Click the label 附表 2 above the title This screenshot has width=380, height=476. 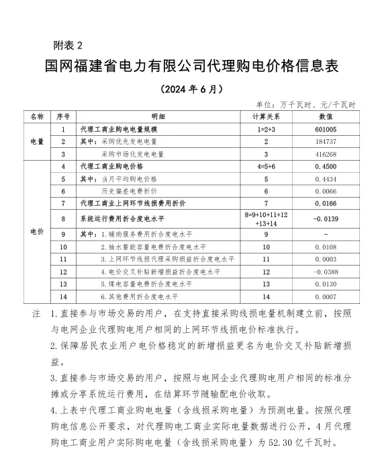click(67, 46)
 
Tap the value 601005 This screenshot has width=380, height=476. click(325, 129)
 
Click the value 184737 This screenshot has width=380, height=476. click(325, 141)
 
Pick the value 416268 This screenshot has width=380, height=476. click(325, 154)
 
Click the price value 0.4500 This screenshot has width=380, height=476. click(325, 166)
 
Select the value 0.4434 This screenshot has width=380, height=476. click(325, 179)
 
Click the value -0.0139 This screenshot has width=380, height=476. click(325, 219)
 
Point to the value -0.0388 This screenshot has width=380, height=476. click(325, 272)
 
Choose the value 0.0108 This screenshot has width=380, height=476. click(325, 247)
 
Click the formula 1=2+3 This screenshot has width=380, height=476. click(266, 129)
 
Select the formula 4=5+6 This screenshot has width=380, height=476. click(266, 166)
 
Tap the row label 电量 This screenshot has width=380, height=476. click(37, 141)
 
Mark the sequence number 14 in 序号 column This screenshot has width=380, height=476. click(62, 296)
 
